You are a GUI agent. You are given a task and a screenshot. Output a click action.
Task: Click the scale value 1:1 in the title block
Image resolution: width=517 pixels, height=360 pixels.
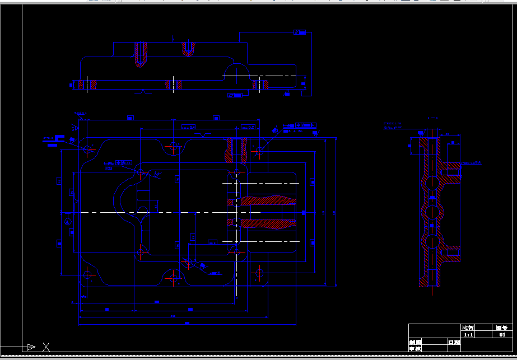click(x=467, y=335)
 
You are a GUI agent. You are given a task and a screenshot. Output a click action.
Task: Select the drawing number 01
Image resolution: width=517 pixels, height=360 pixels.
click(x=502, y=335)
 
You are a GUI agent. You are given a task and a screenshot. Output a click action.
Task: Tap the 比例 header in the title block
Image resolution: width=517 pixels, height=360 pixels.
click(x=467, y=328)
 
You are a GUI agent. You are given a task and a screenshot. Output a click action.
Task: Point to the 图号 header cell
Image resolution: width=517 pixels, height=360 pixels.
click(x=502, y=328)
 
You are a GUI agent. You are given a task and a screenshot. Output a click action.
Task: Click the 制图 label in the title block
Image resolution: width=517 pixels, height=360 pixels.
click(x=414, y=342)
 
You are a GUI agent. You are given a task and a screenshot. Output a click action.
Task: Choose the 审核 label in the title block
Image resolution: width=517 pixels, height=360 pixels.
click(x=414, y=349)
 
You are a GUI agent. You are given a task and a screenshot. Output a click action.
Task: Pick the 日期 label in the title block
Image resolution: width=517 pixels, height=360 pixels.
click(x=454, y=342)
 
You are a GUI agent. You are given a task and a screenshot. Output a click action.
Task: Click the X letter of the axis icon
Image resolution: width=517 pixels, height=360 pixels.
click(x=46, y=347)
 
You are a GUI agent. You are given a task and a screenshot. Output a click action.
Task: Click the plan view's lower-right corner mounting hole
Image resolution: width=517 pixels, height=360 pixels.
click(x=259, y=274)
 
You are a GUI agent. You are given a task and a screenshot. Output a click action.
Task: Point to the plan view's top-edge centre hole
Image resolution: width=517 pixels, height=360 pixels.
click(x=174, y=147)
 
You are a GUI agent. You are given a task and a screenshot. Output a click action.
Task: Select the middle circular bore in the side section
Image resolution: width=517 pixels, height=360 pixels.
click(x=432, y=212)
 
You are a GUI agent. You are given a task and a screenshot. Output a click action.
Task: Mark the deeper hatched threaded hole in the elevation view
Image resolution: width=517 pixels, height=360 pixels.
click(x=141, y=54)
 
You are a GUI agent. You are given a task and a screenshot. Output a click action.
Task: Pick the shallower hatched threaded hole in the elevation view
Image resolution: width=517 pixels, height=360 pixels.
click(x=188, y=49)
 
